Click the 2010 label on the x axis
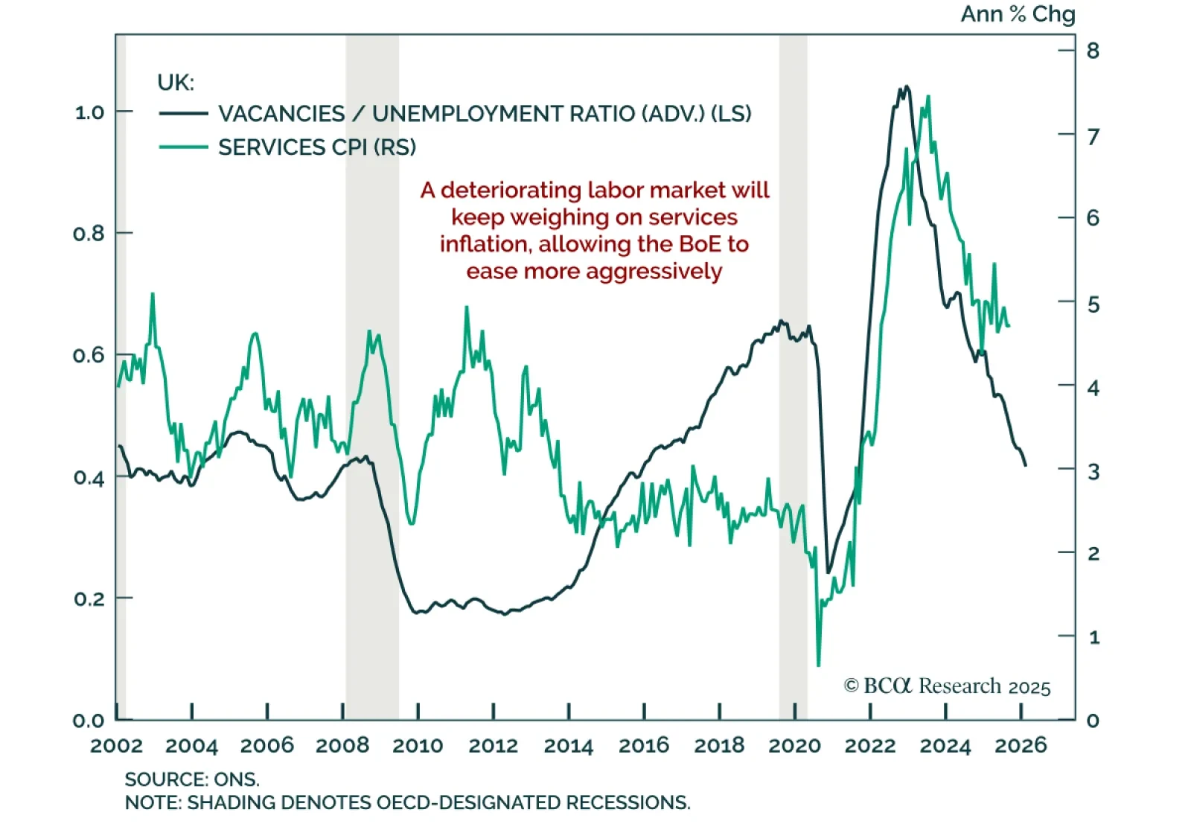[418, 745]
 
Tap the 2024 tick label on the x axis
[945, 745]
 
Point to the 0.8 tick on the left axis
[89, 234]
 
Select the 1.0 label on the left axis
[89, 112]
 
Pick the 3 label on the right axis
[1093, 471]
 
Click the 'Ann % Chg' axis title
[1018, 14]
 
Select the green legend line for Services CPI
[183, 147]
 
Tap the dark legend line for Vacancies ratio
[183, 113]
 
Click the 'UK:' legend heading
[176, 82]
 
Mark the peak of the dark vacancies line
[906, 87]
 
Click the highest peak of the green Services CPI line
[927, 97]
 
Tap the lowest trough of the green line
[819, 665]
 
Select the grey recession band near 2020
[794, 372]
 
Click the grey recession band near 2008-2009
[372, 372]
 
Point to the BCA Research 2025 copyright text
[947, 686]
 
